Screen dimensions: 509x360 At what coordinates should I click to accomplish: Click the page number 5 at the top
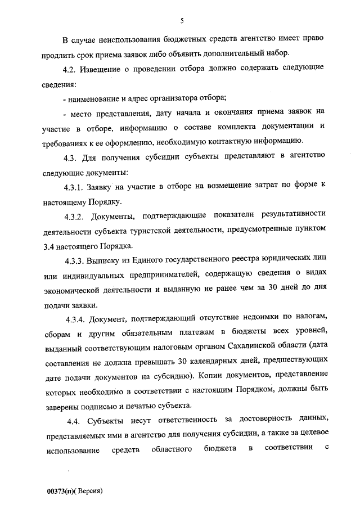(x=182, y=21)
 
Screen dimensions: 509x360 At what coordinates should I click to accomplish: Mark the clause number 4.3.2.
(x=74, y=215)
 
